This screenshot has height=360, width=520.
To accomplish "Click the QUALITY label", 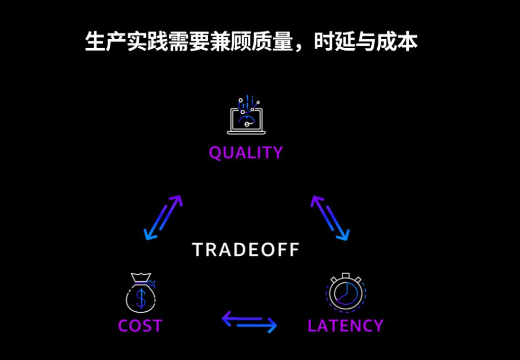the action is click(246, 153).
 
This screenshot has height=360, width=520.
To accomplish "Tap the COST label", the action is click(140, 325).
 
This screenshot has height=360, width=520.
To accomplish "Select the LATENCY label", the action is click(345, 325).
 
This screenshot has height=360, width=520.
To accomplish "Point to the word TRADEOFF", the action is click(246, 250).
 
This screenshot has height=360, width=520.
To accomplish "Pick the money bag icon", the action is click(141, 292).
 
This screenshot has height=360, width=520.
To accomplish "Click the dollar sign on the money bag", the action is click(141, 298).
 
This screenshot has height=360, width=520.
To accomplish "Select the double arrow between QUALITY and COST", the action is click(163, 217).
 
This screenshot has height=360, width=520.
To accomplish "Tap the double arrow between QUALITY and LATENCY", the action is click(330, 218).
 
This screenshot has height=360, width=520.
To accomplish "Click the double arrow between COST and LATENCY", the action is click(249, 321).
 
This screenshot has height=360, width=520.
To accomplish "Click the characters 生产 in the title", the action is click(106, 42).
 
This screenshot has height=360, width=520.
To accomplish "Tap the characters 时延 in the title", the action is click(334, 42).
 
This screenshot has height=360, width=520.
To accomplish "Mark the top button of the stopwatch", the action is click(345, 276).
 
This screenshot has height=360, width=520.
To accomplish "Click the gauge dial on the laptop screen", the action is click(246, 121).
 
